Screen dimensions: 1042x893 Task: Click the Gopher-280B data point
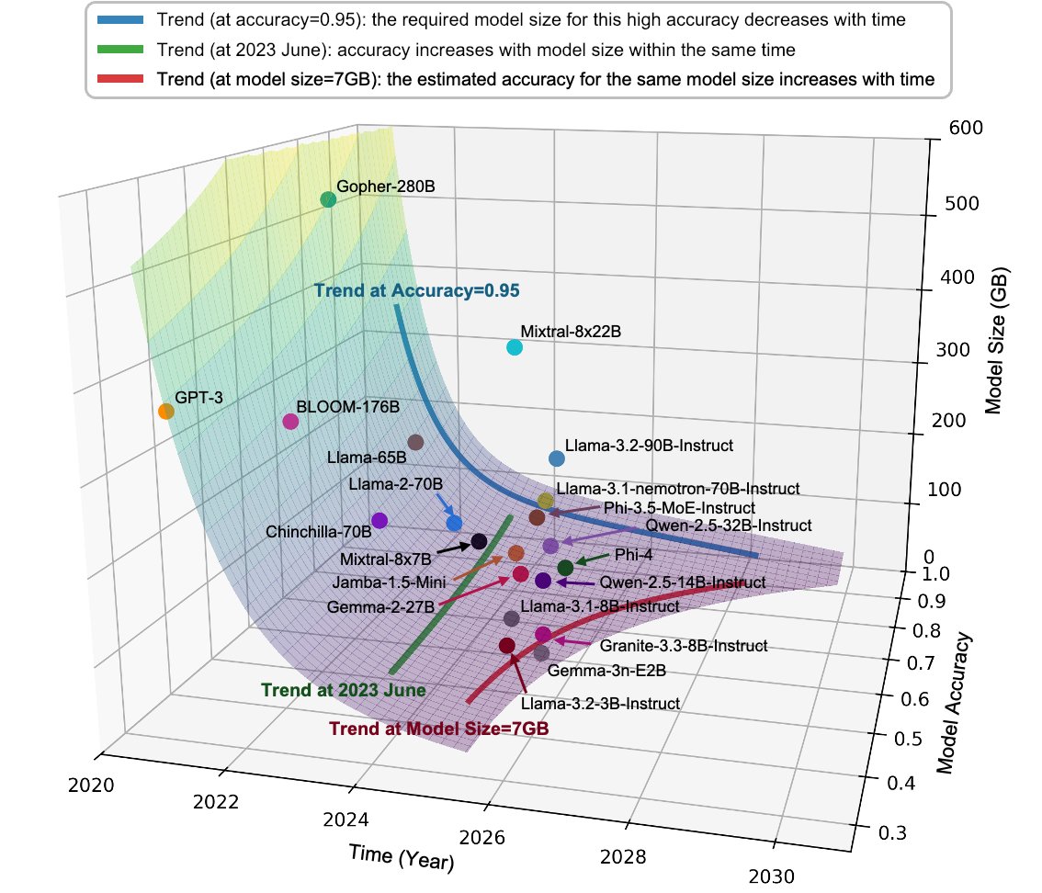(328, 199)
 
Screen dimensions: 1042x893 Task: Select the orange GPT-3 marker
(166, 412)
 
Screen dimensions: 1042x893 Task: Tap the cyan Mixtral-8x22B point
(515, 347)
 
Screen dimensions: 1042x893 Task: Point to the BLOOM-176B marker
(290, 422)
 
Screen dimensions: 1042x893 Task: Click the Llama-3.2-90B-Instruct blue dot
(557, 458)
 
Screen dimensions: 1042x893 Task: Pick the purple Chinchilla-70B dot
(379, 520)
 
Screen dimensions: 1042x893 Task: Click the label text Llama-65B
(367, 458)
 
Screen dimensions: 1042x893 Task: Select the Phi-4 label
(633, 555)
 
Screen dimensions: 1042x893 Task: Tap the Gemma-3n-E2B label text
(606, 671)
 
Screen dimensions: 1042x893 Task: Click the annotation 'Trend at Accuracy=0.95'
(416, 290)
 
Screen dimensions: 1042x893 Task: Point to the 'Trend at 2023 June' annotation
(344, 690)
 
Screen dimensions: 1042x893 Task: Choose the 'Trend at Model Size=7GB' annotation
(439, 729)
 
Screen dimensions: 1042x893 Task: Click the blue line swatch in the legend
(120, 20)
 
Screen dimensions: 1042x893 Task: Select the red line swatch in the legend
(120, 79)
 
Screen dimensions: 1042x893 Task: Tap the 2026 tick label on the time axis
(481, 837)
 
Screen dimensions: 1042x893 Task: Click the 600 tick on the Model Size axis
(966, 128)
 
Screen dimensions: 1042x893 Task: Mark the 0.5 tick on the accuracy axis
(908, 739)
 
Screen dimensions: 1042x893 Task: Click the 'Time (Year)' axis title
(402, 857)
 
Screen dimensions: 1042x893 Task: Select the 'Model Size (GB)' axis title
(996, 340)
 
